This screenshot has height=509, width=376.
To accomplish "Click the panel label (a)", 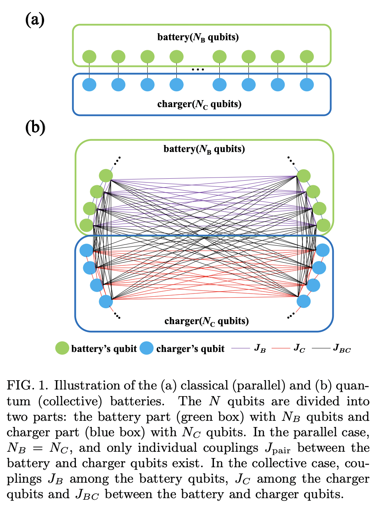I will tap(35, 20).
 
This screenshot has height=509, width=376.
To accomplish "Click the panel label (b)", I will tap(35, 127).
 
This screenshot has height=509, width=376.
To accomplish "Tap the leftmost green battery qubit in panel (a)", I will tap(89, 57).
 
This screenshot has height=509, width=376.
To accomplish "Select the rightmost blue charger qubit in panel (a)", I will tap(307, 85).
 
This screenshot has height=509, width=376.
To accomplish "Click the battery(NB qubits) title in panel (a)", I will tap(198, 37).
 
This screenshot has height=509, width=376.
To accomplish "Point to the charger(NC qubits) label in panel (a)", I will tap(199, 104).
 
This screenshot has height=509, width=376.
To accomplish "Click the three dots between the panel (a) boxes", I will tap(198, 70).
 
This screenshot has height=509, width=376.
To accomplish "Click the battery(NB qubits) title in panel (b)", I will tap(204, 149).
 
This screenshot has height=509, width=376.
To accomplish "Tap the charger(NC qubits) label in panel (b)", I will tap(207, 321).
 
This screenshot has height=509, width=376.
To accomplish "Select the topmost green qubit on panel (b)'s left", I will tap(106, 176).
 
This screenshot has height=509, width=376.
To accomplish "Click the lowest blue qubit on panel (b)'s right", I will tap(304, 301).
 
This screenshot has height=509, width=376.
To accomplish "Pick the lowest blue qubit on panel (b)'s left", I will tap(106, 301).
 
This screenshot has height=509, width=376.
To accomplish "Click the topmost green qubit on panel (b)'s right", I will tap(304, 176).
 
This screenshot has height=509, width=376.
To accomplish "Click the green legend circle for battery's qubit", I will tap(62, 348).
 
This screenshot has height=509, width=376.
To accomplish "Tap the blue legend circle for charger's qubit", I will tap(147, 348).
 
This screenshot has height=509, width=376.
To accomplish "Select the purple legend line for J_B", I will tap(240, 348).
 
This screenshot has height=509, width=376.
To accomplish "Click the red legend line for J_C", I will tap(281, 348).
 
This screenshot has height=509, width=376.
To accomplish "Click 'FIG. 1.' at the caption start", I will tap(27, 386).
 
